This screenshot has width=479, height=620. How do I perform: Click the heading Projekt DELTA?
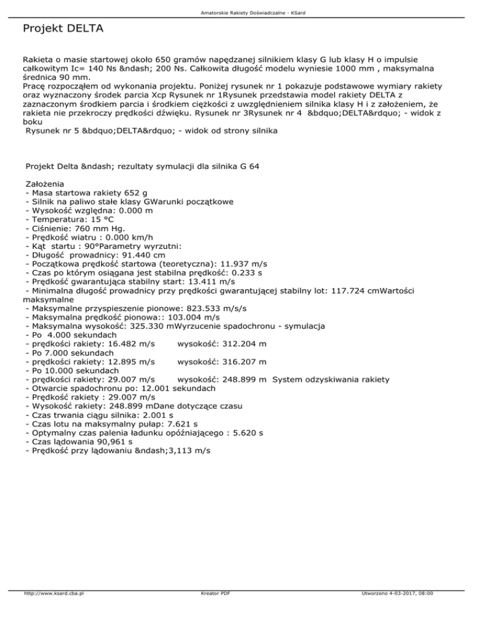click(x=62, y=29)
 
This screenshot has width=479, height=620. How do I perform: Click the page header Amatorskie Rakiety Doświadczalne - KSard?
click(x=239, y=12)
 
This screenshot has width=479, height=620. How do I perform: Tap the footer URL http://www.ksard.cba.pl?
click(x=54, y=593)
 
